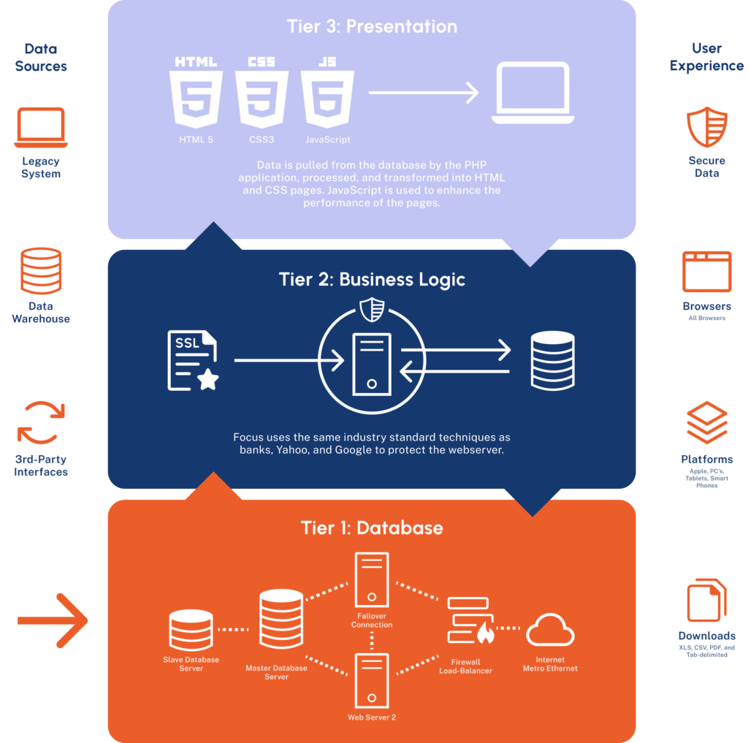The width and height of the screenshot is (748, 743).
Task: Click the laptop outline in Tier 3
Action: point(532,94)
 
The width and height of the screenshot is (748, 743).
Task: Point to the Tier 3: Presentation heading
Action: point(372,27)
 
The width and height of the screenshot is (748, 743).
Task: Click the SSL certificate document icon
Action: point(192,361)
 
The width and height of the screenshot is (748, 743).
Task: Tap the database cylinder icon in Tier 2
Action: point(552,360)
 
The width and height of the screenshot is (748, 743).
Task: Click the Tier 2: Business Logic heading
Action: point(372,280)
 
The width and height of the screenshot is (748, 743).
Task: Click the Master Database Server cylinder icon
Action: point(281,618)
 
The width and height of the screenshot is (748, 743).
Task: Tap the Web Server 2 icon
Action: point(372,682)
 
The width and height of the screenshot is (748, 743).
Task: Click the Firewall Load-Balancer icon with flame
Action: point(470,620)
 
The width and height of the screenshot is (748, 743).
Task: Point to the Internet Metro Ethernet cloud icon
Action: point(550,630)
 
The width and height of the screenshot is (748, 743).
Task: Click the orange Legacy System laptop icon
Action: point(41,128)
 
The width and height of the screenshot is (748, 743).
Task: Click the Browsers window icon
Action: point(707,271)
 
